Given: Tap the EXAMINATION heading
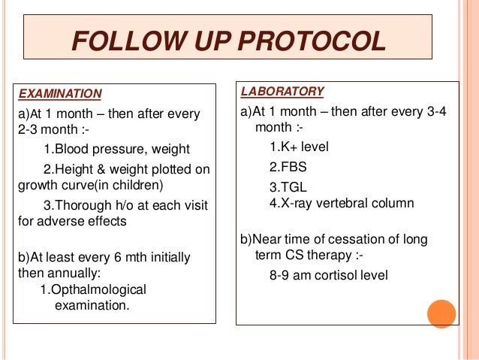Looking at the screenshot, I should [x=59, y=94].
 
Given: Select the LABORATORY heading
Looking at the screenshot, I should [x=282, y=92].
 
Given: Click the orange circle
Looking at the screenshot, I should [x=441, y=314].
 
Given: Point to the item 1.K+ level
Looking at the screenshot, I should [x=299, y=147].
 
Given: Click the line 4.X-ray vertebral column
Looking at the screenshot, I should [x=342, y=204].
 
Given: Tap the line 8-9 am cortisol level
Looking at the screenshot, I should [x=329, y=275].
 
